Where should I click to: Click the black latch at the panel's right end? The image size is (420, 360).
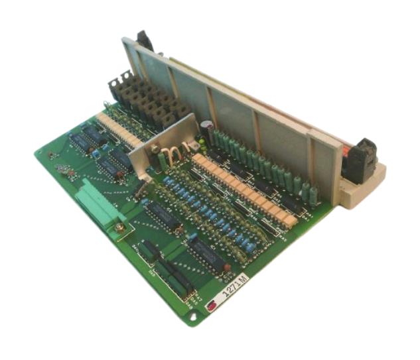pyautogui.click(x=362, y=159)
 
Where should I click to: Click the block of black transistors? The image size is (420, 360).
pyautogui.click(x=146, y=99)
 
